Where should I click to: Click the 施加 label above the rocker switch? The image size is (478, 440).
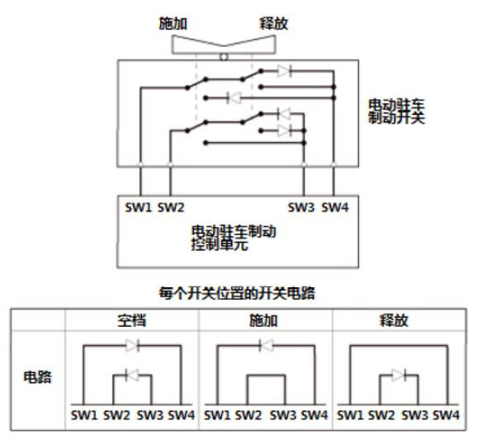click(x=173, y=23)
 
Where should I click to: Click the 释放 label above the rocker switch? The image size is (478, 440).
click(x=273, y=23)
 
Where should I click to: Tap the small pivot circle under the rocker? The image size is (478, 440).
click(x=224, y=57)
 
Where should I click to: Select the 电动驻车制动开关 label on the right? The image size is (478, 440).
click(x=396, y=111)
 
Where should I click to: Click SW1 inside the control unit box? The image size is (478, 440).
click(x=138, y=208)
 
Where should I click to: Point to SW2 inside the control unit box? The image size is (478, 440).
click(x=171, y=208)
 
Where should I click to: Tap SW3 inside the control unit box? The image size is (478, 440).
click(x=301, y=208)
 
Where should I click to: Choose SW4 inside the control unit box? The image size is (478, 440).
click(x=335, y=208)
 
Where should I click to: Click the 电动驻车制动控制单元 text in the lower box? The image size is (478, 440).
click(x=234, y=238)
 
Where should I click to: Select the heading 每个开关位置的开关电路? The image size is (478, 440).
click(x=237, y=293)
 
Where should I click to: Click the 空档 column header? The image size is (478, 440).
click(x=132, y=320)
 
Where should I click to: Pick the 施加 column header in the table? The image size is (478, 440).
click(x=263, y=320)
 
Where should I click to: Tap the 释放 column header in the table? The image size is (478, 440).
click(x=394, y=320)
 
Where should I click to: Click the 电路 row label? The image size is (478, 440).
click(x=37, y=377)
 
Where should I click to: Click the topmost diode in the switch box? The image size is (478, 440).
click(x=285, y=71)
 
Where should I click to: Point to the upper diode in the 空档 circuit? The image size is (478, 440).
click(x=133, y=345)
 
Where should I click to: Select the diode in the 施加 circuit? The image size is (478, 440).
click(x=266, y=345)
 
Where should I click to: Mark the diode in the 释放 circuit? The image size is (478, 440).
click(x=399, y=376)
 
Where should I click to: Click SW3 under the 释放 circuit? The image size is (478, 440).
click(x=414, y=415)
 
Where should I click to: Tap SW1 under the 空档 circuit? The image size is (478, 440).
click(x=84, y=415)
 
